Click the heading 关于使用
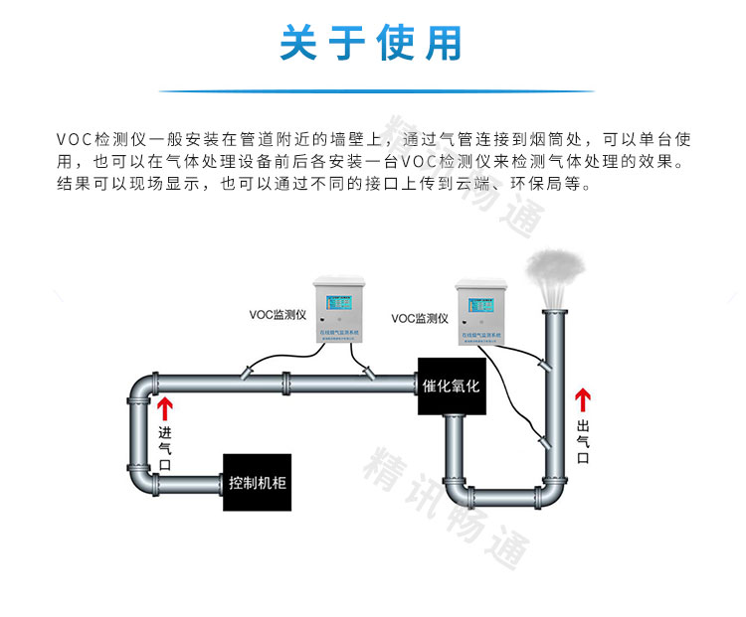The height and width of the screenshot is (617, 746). (x=372, y=45)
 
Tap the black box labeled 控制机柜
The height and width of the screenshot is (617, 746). (x=258, y=484)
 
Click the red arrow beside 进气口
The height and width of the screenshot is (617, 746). (x=164, y=408)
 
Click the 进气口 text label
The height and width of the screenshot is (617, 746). (x=165, y=448)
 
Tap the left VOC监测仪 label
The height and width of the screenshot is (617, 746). (x=279, y=314)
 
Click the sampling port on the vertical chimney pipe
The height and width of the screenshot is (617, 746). (x=542, y=366)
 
